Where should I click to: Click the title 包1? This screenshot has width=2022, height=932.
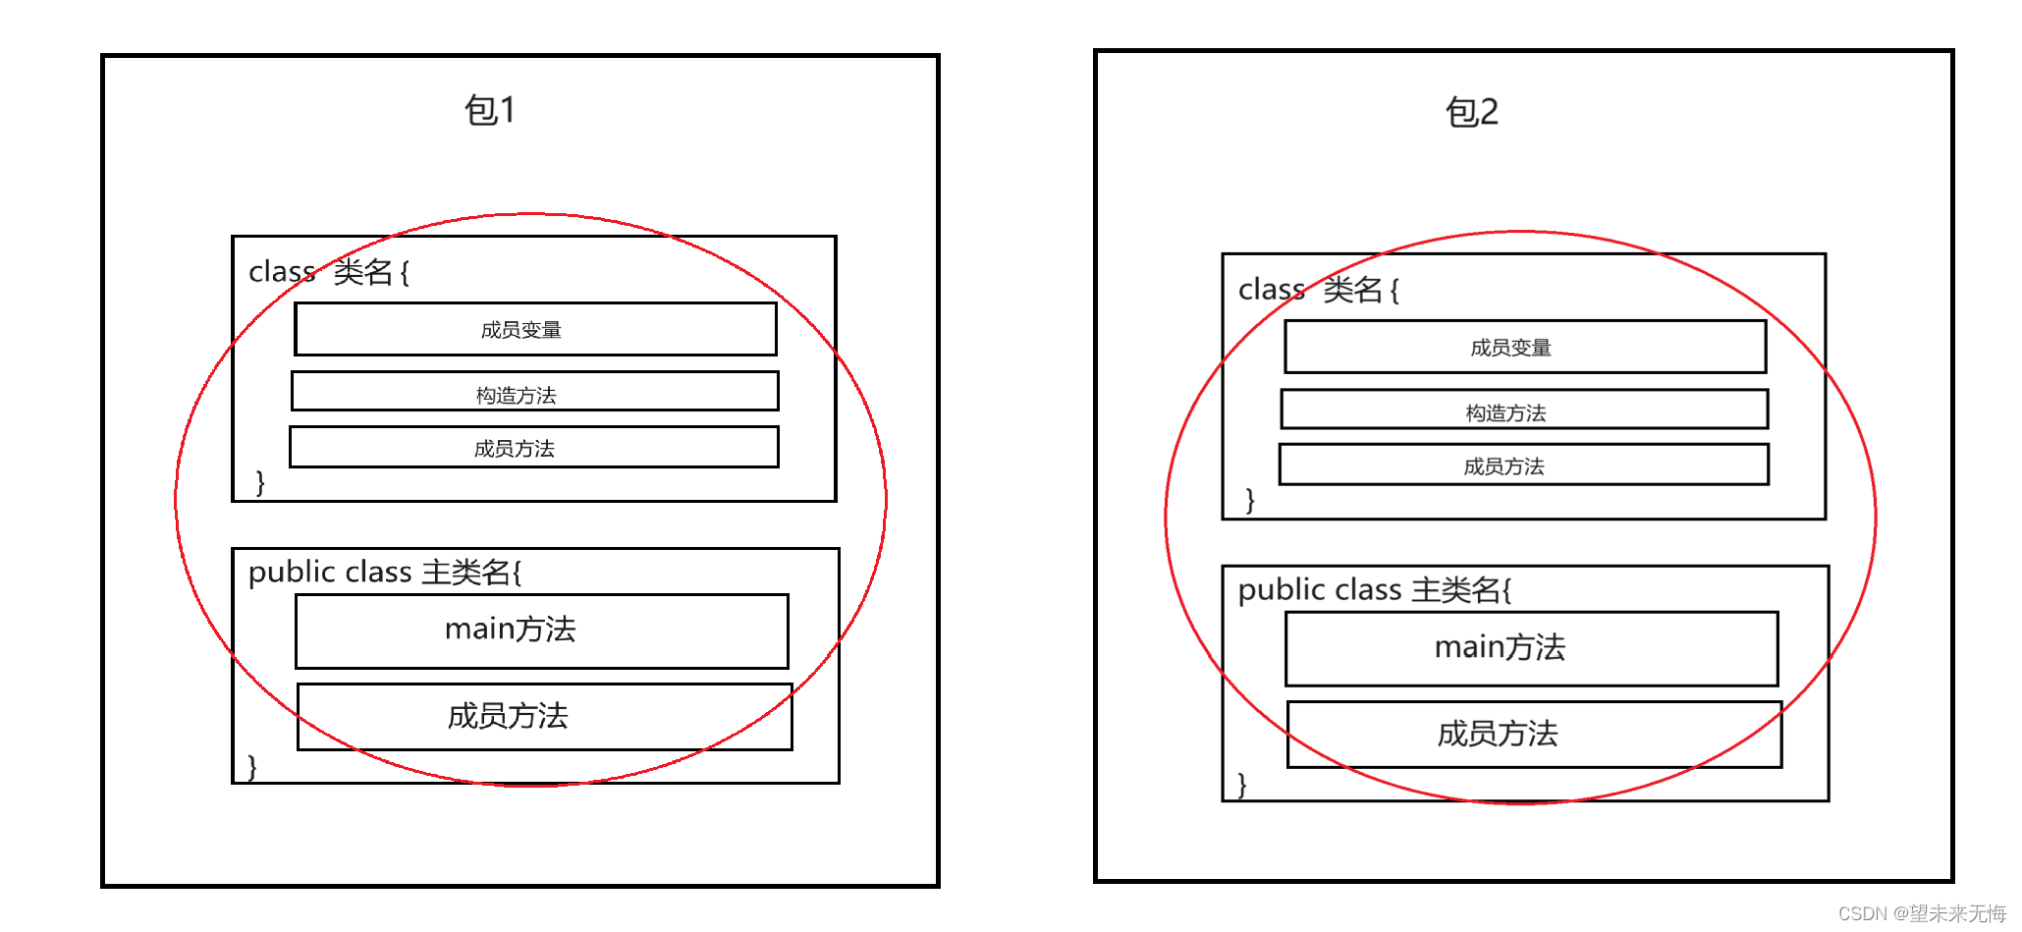(x=490, y=110)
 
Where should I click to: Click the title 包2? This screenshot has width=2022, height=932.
(x=1471, y=112)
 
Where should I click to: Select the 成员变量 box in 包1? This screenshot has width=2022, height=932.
(x=535, y=329)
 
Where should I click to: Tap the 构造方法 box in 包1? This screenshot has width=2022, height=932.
(x=534, y=392)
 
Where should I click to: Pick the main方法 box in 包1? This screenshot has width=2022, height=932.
(x=541, y=630)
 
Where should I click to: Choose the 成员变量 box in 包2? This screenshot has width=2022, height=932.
(x=1524, y=347)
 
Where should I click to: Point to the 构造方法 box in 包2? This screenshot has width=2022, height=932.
(x=1523, y=411)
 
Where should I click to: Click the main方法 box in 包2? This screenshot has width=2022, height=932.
(x=1531, y=648)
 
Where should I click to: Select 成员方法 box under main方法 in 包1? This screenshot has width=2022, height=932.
(x=544, y=717)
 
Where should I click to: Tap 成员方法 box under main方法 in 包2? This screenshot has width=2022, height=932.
(x=1534, y=735)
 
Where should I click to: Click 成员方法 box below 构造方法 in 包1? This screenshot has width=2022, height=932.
(x=533, y=448)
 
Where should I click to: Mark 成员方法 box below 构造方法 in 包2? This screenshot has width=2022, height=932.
(x=1523, y=466)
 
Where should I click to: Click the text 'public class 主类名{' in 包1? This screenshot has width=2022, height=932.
(x=385, y=572)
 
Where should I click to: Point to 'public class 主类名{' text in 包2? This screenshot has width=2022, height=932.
(x=1375, y=589)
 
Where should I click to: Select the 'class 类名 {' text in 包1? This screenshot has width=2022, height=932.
(x=329, y=271)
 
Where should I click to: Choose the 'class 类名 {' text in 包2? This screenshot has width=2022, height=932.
(x=1319, y=290)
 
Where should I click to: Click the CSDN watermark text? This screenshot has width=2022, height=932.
(x=1921, y=913)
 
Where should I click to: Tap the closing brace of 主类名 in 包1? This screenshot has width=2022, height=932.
(x=252, y=766)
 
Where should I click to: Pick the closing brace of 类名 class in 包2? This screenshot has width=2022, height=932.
(x=1249, y=500)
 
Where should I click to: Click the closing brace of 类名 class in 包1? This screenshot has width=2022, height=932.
(x=260, y=482)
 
